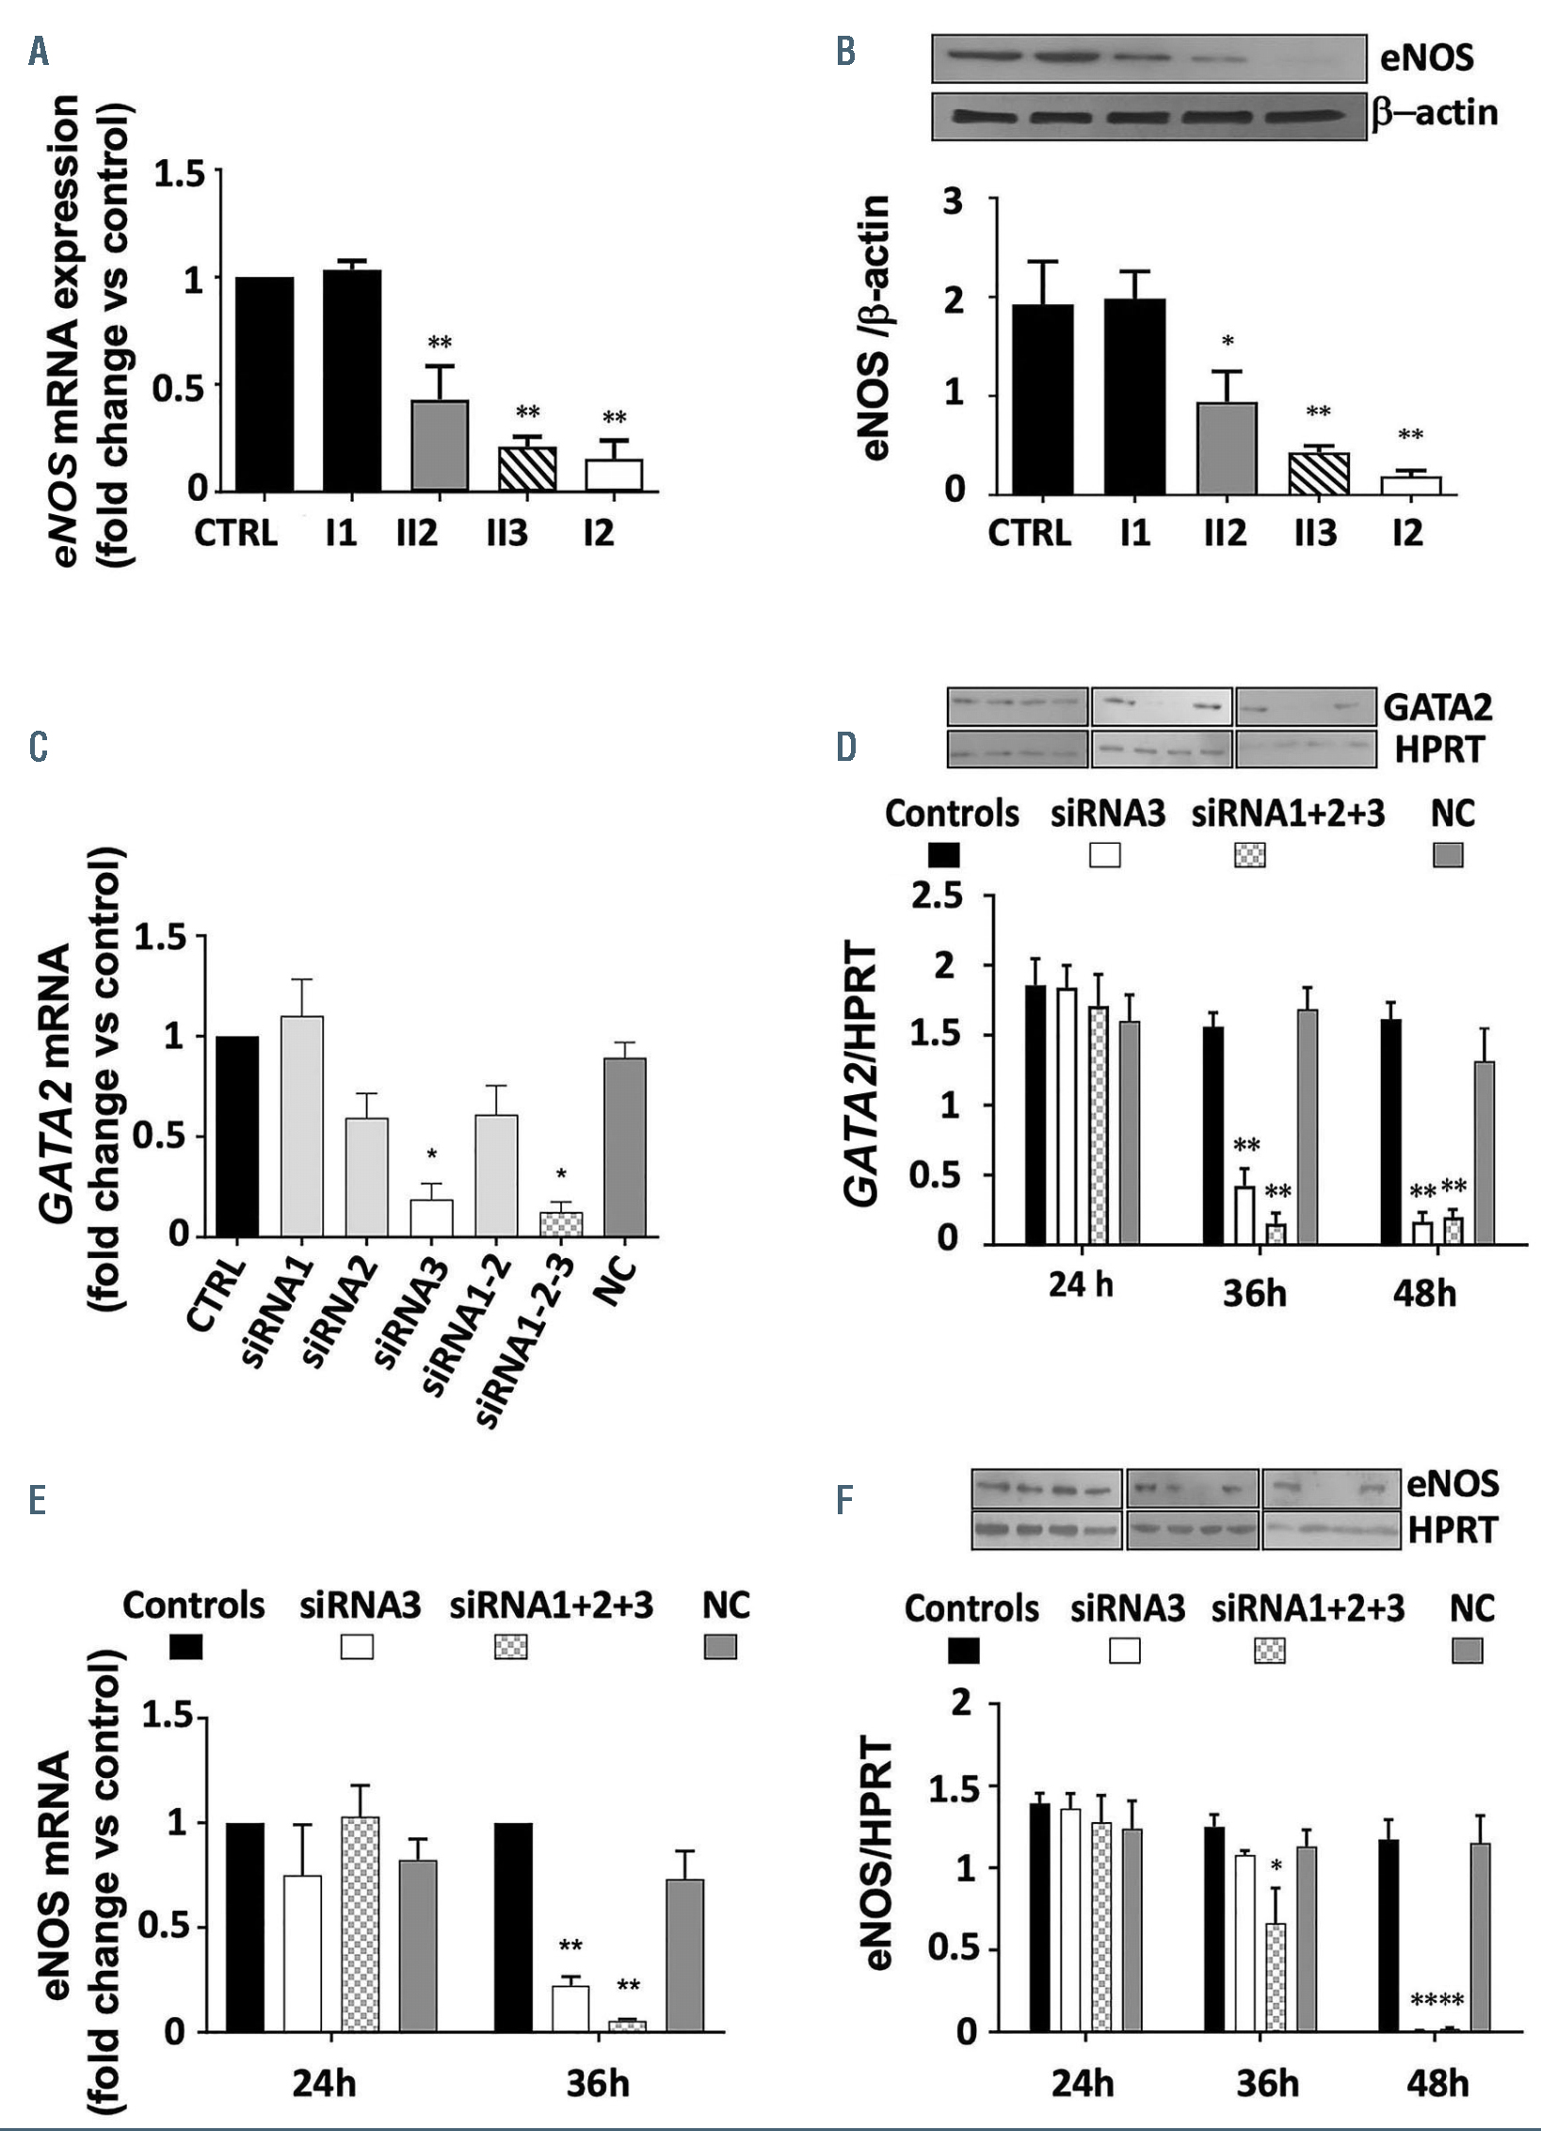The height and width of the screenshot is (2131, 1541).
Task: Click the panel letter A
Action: point(39,54)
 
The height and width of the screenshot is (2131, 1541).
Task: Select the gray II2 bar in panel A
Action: point(440,444)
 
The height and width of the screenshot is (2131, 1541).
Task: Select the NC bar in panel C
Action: point(624,1146)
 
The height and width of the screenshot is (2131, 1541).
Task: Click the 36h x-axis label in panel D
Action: point(1255,1294)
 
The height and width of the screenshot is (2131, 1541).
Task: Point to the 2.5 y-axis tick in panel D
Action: point(937,896)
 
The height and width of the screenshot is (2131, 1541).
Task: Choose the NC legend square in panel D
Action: point(1448,855)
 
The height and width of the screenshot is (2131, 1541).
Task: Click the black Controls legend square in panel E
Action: point(185,1647)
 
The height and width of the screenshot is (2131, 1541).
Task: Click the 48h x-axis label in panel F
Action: point(1437,2083)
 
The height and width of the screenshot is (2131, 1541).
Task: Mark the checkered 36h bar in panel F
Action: point(1276,1978)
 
